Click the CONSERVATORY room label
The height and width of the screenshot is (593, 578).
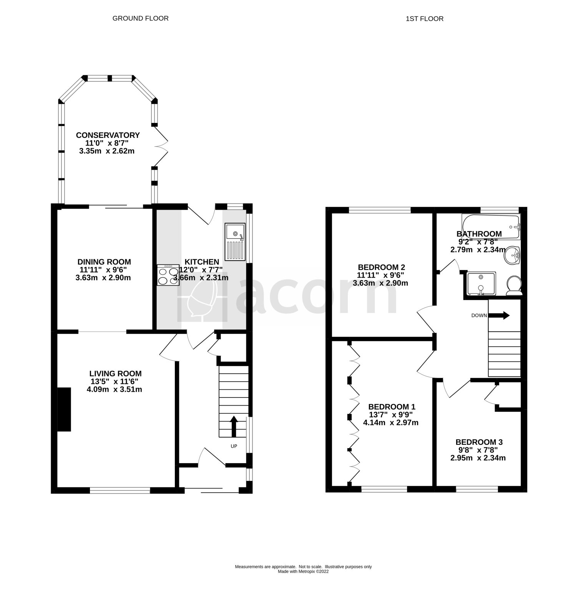click(x=108, y=135)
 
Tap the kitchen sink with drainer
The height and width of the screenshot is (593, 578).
click(x=235, y=241)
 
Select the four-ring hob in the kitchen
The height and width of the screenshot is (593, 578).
click(x=168, y=275)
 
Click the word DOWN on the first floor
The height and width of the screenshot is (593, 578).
click(x=479, y=316)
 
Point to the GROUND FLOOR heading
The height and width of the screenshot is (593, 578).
click(x=140, y=18)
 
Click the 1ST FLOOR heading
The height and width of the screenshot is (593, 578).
click(x=425, y=18)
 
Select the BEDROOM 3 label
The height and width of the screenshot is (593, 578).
click(x=479, y=442)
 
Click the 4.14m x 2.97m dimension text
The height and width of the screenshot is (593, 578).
click(x=391, y=423)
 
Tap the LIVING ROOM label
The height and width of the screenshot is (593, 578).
click(x=115, y=373)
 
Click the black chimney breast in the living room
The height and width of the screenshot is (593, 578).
click(x=65, y=410)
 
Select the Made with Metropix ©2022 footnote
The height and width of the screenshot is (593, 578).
click(x=303, y=571)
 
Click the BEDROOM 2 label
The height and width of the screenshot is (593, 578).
click(x=381, y=267)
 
